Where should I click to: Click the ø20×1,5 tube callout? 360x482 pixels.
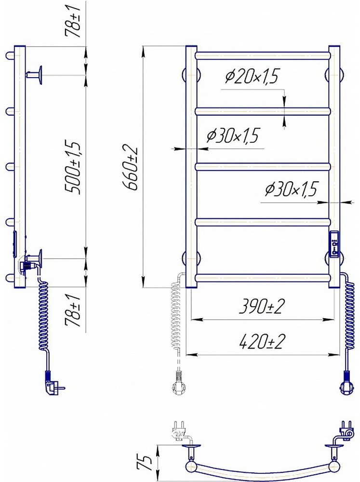[251, 76]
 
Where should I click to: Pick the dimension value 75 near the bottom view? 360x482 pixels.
[145, 463]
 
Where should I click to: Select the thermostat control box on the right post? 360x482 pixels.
[334, 244]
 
